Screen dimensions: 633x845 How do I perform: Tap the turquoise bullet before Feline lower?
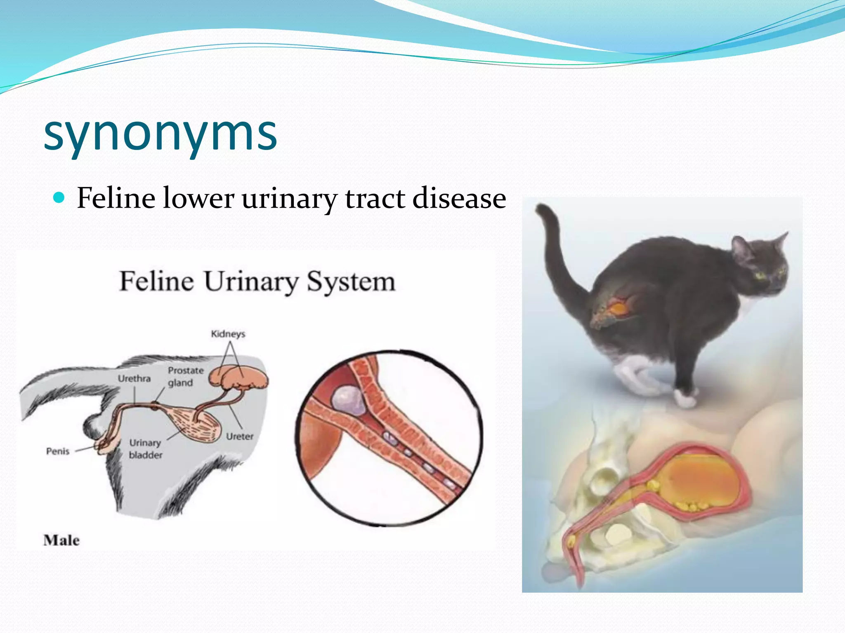click(59, 198)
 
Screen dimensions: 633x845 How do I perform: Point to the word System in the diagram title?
click(351, 282)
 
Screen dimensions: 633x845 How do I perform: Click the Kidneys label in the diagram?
click(228, 334)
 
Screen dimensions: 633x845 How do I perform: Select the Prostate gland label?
click(185, 376)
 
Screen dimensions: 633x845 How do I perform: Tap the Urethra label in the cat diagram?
click(134, 378)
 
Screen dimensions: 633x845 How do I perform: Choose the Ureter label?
click(239, 436)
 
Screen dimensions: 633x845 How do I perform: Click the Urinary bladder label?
click(145, 449)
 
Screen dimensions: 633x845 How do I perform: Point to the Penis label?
click(58, 451)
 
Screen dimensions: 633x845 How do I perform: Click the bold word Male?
click(61, 540)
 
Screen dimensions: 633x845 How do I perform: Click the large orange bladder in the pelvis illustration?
click(701, 480)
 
